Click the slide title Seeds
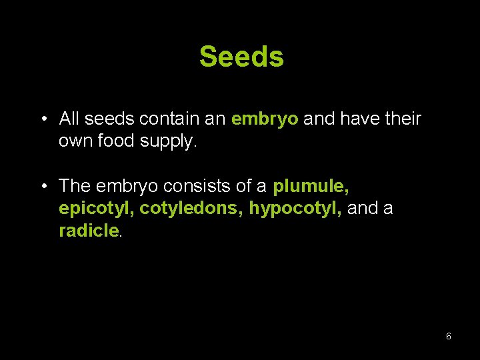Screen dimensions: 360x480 coord(241,57)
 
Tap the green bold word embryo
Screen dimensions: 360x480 coord(265,119)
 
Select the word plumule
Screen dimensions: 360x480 coord(311,185)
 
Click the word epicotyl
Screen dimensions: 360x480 coord(97,209)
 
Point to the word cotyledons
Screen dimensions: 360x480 coord(191,209)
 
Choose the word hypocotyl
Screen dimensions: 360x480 coord(295,209)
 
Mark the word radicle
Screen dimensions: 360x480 coord(89,231)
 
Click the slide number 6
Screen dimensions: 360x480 coord(448,336)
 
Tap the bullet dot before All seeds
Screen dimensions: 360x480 coord(43,119)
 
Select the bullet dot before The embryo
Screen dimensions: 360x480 coord(43,185)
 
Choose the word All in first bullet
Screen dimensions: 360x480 coord(69,119)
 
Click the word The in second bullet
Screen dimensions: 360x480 coord(76,185)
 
